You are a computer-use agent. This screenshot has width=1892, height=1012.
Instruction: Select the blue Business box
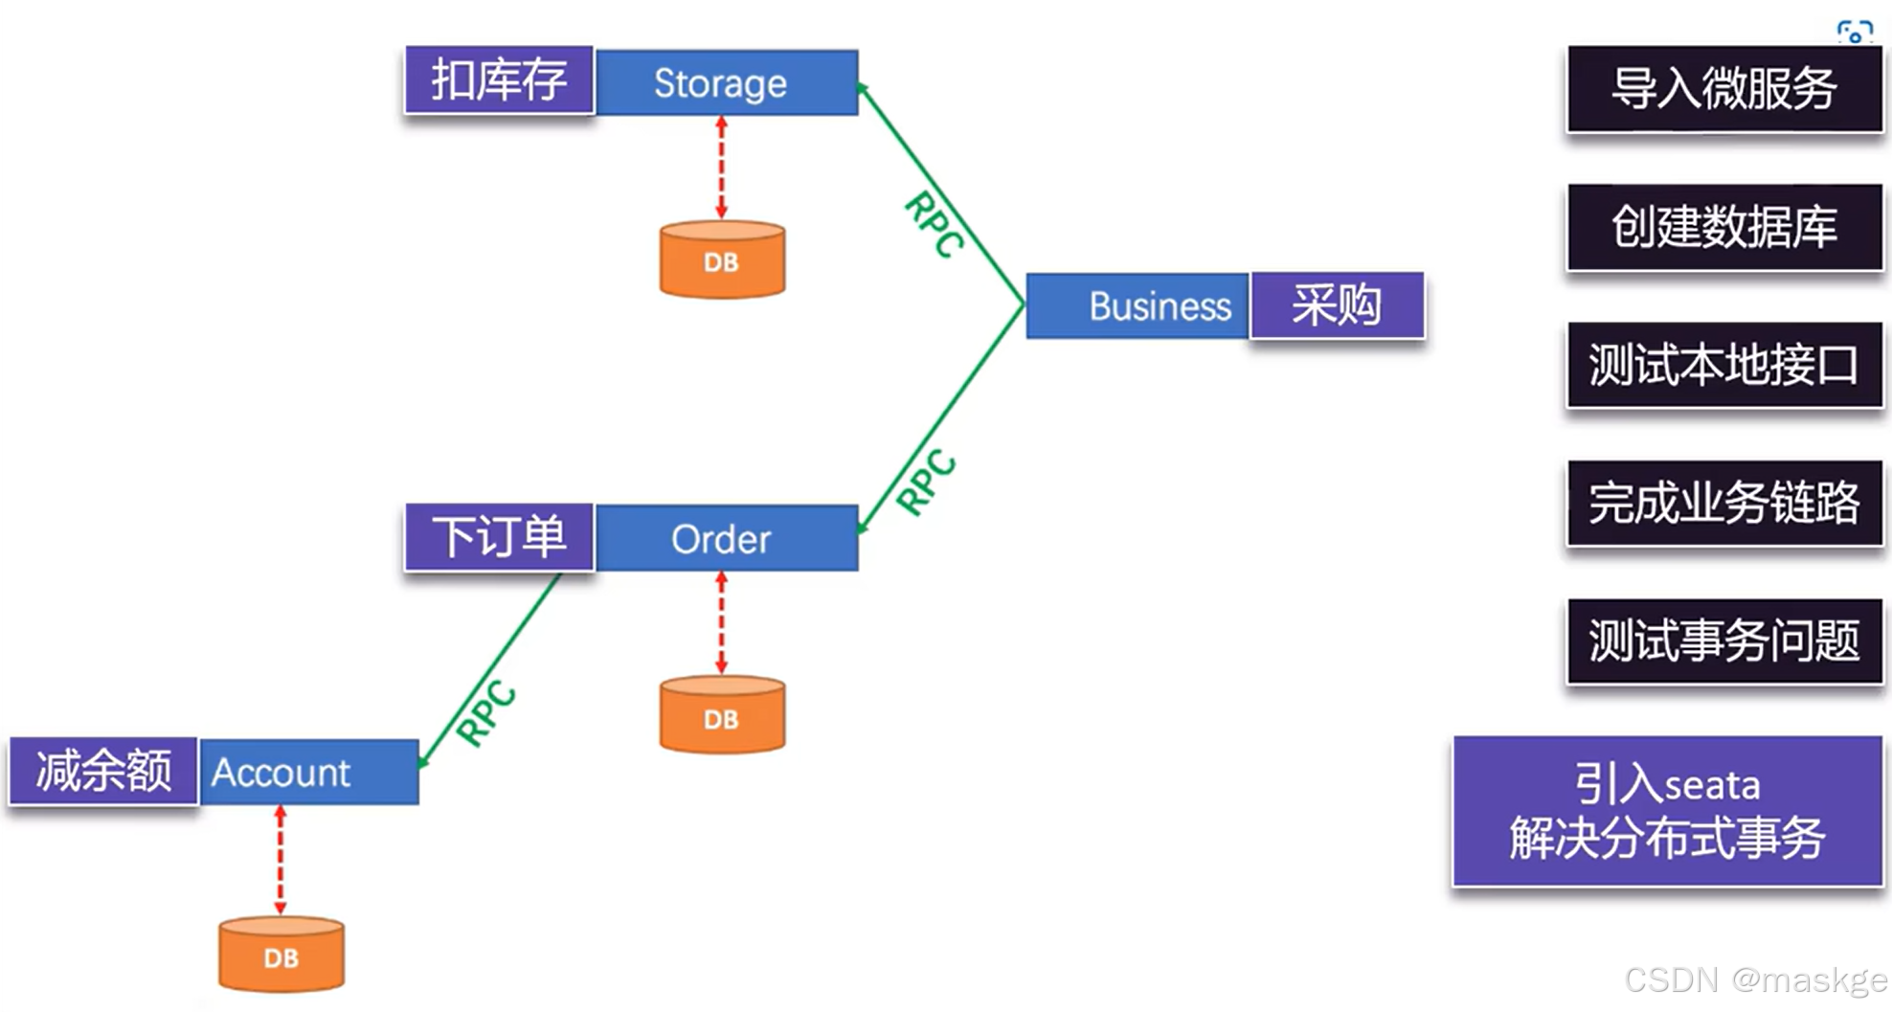coord(1137,305)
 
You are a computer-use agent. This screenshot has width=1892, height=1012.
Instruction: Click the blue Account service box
coord(308,772)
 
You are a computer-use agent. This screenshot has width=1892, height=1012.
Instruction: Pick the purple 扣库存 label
coord(499,80)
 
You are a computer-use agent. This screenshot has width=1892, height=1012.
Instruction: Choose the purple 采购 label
coord(1337,305)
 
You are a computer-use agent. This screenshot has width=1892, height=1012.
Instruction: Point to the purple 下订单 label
coord(499,537)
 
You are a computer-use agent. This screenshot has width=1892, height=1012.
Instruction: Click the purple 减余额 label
coord(103,771)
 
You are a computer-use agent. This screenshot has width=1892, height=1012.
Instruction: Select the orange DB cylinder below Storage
coord(722,259)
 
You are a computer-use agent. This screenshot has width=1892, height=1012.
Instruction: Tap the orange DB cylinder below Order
coord(722,716)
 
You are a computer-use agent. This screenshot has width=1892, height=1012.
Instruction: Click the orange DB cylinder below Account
coord(281,955)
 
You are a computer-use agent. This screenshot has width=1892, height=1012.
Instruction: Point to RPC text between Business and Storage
coord(935,224)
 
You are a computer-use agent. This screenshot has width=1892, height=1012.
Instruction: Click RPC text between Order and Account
coord(486,712)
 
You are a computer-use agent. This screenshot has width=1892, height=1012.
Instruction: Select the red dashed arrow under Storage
coord(722,168)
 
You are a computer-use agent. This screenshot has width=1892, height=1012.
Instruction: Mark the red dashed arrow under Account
coord(281,859)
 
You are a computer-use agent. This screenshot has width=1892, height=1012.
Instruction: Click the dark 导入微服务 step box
coord(1723,89)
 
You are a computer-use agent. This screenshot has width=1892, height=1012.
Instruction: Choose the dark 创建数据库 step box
coord(1723,227)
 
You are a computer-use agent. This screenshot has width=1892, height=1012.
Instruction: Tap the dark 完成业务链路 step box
coord(1723,503)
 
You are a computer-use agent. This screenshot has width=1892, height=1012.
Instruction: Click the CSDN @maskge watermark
coord(1754,980)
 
